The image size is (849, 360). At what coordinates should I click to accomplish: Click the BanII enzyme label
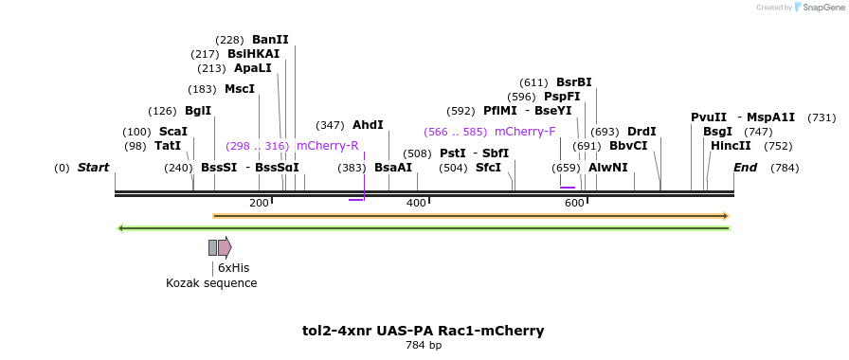coord(270,40)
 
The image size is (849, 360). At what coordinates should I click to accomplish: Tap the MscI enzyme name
coord(240,89)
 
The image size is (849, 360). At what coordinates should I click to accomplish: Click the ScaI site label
coord(173,132)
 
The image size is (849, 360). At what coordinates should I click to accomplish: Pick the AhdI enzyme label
coord(368,125)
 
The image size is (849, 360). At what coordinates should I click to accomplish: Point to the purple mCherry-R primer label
coord(327,146)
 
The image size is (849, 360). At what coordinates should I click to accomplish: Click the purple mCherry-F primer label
coord(525,132)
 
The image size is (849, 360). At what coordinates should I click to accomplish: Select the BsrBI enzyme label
coord(573,82)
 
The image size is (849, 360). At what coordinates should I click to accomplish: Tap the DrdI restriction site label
coord(641,132)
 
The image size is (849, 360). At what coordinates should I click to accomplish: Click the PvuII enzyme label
coord(709,117)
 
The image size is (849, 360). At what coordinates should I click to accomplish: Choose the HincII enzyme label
coord(731,146)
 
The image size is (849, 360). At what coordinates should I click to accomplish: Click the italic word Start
coord(93,168)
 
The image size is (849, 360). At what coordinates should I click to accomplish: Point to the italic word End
coord(745,168)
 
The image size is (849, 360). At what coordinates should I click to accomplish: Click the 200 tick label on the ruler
coord(259,204)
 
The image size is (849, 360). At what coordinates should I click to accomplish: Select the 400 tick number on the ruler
coord(416,204)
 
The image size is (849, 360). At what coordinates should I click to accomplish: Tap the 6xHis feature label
coord(233,268)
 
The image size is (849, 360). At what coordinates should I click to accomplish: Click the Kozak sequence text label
coord(211,283)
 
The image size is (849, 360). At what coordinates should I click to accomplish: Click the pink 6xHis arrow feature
coord(225,247)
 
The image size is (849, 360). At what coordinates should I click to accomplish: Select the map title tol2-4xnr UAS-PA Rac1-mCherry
coord(424,331)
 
